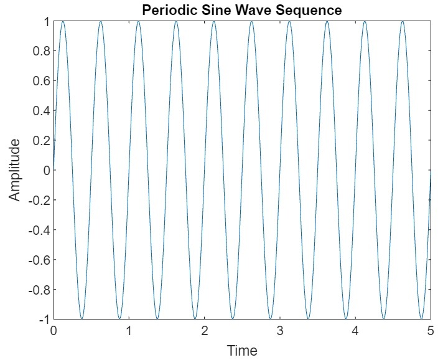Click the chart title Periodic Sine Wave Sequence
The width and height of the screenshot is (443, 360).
242,10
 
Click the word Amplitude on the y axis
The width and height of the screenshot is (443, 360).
14,169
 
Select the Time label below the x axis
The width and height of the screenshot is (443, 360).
242,350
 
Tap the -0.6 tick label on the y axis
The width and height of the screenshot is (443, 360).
38,260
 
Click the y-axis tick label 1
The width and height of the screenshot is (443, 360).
45,21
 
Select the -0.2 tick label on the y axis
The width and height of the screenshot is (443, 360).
38,200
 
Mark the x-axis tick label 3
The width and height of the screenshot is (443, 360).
280,331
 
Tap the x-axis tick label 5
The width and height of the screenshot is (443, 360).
431,331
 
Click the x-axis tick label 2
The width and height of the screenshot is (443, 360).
205,331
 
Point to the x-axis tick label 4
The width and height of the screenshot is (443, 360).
355,331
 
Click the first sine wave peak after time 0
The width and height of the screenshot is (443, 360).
63,22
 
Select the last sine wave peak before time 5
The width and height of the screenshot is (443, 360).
403,22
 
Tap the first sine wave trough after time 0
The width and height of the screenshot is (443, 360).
82,318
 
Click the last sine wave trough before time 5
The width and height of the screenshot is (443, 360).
421,318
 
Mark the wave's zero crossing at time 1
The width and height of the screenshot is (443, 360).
129,170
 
